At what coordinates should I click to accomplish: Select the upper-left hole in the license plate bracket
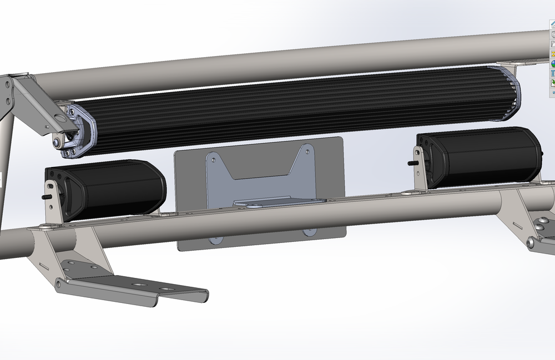tap(211, 158)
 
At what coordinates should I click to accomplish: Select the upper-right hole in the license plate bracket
tap(306, 150)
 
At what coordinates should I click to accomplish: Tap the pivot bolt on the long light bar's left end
tap(58, 143)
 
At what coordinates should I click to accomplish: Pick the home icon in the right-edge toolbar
tap(552, 24)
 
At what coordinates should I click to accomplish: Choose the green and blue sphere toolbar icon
tap(552, 64)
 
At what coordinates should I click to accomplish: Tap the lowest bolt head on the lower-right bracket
tap(531, 243)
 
